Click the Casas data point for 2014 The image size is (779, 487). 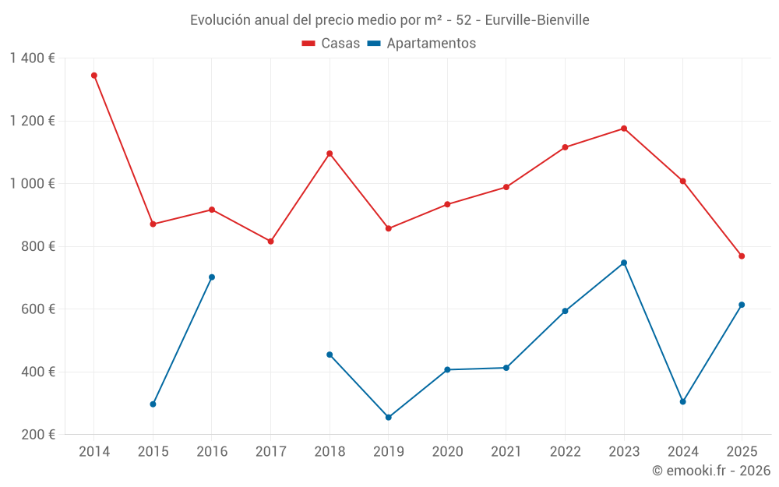[94, 76]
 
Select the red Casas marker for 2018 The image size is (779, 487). [330, 154]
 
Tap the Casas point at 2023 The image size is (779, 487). [624, 129]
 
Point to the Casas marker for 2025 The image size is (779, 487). [742, 256]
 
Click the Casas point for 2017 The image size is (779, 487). [271, 242]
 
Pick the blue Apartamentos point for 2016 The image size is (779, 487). [212, 277]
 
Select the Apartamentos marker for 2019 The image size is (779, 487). [389, 418]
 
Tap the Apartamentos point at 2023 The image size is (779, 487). [624, 263]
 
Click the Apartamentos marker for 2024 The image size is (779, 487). [683, 402]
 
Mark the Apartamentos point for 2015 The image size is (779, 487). [153, 404]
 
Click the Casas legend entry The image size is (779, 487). [331, 44]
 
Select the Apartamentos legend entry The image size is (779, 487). [421, 44]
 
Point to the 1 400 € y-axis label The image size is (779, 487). [32, 58]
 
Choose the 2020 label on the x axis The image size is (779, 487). [447, 452]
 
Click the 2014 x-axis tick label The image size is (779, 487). [94, 452]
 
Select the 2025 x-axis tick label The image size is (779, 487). [742, 452]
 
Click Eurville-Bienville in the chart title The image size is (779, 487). [537, 19]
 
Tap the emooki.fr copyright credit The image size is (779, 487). [711, 471]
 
